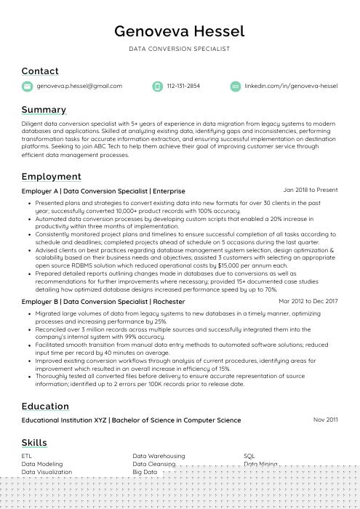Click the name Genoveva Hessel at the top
coord(179,31)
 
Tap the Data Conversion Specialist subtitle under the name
coord(180,49)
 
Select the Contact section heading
coord(40,71)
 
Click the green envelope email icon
coord(27,87)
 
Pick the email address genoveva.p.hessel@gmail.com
coord(79,86)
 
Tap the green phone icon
coord(157,87)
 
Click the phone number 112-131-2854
coord(183,86)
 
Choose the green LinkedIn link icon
coord(235,87)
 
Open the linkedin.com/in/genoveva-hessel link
coord(291,86)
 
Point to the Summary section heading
coord(44,110)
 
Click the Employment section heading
coord(51,177)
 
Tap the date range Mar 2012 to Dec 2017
coord(308,300)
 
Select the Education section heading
coord(45,406)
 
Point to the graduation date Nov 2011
coord(326,420)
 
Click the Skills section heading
coord(34,442)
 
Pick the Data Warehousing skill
coord(159,456)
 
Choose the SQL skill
coord(249,456)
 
